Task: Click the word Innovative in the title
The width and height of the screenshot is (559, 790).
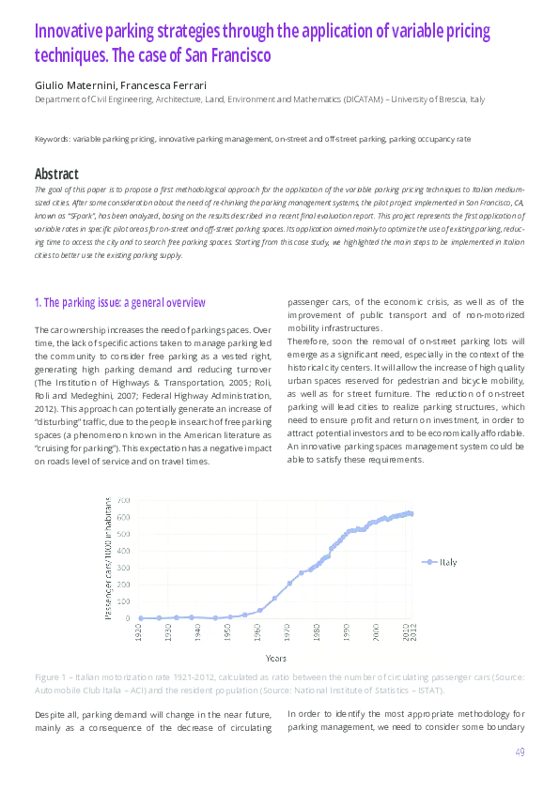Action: pos(69,31)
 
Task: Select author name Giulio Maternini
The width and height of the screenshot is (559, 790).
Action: pos(72,85)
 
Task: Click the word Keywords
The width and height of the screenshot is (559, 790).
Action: pos(52,139)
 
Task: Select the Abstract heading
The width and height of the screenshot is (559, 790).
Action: pos(56,174)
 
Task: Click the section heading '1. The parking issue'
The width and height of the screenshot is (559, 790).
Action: pos(119,302)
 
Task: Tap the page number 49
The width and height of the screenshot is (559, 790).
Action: pos(520,752)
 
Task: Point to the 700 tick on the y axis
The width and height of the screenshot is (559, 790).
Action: pos(124,501)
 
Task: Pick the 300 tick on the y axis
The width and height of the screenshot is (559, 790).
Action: pos(124,568)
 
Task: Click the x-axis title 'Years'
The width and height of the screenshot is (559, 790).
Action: pos(276,658)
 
